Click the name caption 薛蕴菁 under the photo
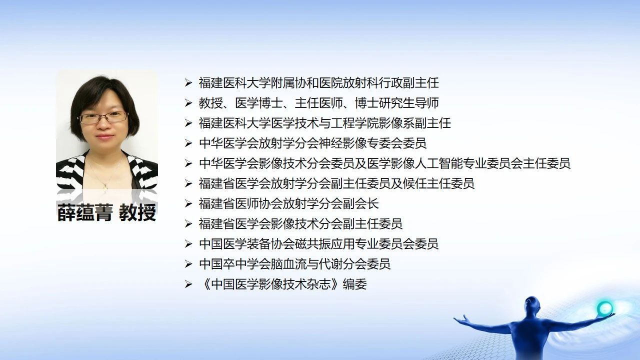[84, 212]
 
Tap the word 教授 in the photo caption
[137, 212]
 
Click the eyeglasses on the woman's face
[103, 117]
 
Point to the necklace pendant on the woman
[105, 187]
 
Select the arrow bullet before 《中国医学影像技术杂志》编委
[188, 284]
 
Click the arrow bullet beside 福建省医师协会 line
[188, 203]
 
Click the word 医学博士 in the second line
[259, 103]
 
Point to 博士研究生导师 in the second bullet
[397, 103]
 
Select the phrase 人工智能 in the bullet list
[439, 163]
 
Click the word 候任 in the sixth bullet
[415, 183]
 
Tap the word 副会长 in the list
[361, 203]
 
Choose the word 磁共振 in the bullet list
[325, 243]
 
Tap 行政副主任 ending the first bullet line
[409, 83]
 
